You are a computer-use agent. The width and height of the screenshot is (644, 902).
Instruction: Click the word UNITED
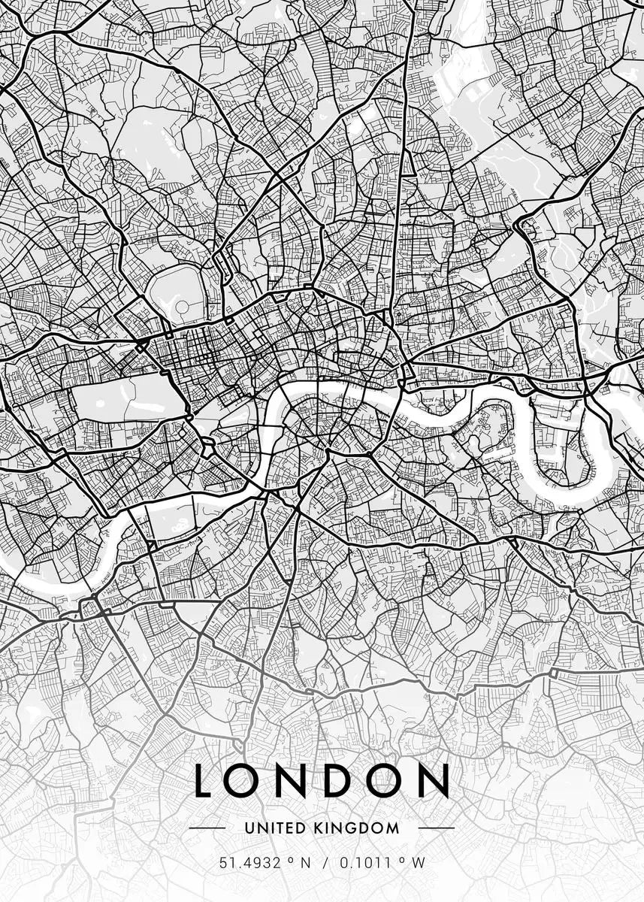pyautogui.click(x=275, y=828)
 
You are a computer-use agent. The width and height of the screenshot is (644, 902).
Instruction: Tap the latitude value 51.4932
pyautogui.click(x=249, y=863)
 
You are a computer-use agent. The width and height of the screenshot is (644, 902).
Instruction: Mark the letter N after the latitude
pyautogui.click(x=305, y=863)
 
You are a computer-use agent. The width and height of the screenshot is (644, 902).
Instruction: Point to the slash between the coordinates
pyautogui.click(x=325, y=863)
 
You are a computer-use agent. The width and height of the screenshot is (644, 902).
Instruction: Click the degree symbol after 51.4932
pyautogui.click(x=289, y=860)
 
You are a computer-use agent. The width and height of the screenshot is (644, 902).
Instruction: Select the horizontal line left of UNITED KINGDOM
pyautogui.click(x=207, y=828)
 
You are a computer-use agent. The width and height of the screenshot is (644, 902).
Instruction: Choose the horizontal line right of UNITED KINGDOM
pyautogui.click(x=436, y=828)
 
